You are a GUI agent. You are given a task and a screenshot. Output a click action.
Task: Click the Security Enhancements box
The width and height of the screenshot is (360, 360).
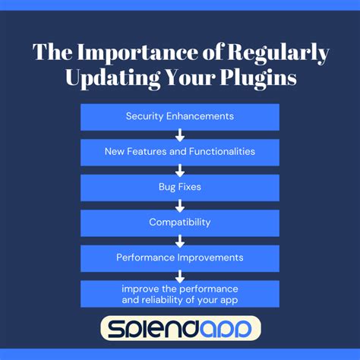tap(180, 116)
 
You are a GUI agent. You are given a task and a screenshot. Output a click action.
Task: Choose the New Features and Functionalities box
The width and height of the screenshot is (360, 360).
tap(180, 151)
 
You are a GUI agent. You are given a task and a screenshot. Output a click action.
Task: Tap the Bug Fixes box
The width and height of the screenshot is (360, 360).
tap(180, 187)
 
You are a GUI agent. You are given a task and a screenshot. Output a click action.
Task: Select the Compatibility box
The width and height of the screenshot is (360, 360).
tap(180, 223)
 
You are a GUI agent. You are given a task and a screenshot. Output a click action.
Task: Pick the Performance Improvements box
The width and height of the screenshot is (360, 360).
tap(180, 257)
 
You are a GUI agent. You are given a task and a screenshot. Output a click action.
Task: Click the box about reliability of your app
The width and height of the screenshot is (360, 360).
tap(180, 294)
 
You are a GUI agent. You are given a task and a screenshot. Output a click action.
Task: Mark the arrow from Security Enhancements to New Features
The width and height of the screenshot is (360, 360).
tap(180, 134)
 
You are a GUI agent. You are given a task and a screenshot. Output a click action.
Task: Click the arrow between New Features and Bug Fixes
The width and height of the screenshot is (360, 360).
tap(180, 169)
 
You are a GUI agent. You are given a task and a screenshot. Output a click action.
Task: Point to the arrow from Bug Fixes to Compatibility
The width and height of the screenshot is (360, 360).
tap(180, 205)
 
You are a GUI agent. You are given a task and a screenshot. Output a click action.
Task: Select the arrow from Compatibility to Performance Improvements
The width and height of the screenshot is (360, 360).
tap(180, 240)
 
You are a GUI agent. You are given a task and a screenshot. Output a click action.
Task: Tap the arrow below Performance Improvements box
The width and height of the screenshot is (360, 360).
tap(180, 275)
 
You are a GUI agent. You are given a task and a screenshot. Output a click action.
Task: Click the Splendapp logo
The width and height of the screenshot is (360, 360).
tap(180, 328)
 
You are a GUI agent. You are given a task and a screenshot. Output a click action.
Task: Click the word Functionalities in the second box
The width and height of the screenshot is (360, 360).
tap(222, 151)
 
